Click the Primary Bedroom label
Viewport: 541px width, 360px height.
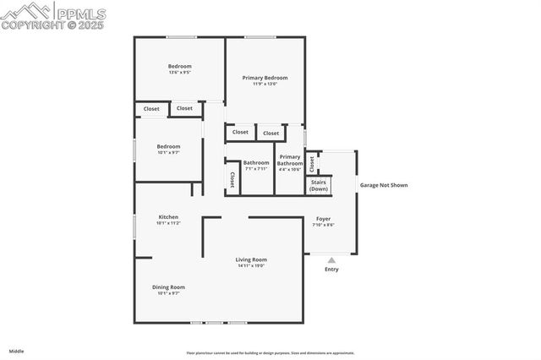tap(265, 78)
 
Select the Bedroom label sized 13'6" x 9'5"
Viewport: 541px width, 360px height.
tap(179, 67)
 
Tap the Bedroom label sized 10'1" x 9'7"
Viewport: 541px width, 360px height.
tap(168, 147)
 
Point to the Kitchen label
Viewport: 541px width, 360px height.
tap(168, 217)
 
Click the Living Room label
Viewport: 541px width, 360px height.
tap(251, 259)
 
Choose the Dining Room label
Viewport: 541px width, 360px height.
tap(168, 287)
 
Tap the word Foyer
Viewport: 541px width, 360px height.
tap(324, 219)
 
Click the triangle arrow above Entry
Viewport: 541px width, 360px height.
tap(331, 260)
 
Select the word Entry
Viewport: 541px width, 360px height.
tap(331, 270)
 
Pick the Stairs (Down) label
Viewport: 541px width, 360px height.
tap(319, 185)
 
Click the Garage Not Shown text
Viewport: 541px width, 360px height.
tap(384, 184)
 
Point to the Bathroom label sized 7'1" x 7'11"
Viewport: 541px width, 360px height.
tap(256, 163)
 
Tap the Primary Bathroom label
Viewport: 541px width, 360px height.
tap(290, 160)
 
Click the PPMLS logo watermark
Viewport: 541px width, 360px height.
tap(54, 15)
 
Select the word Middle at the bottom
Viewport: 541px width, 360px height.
tap(17, 350)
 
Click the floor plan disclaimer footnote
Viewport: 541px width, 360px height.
tap(270, 353)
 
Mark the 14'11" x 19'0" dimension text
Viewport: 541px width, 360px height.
tap(251, 266)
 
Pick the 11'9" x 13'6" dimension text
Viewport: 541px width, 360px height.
tap(265, 84)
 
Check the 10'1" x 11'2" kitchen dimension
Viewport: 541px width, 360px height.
tap(168, 223)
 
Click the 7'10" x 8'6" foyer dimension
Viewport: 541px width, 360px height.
tap(324, 225)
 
